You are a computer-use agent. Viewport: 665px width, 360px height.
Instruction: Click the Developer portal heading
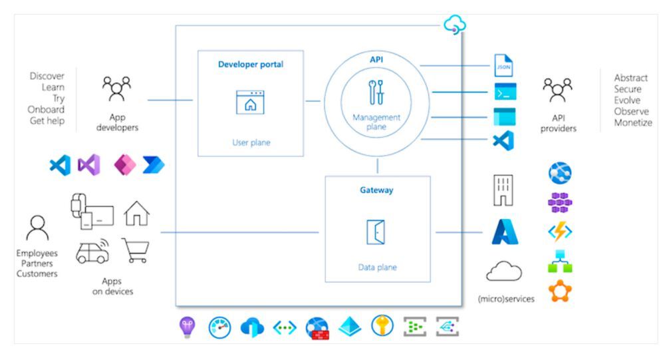coord(251,65)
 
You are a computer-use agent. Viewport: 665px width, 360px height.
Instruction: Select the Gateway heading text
coord(377,190)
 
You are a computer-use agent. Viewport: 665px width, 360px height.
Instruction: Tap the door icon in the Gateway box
coord(376,232)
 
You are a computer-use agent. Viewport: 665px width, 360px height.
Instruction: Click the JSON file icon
coord(503,66)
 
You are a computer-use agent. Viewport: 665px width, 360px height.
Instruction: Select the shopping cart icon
coord(136,250)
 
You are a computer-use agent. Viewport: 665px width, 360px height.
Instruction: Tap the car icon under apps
coord(93,251)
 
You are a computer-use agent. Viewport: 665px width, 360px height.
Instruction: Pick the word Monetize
coord(632,122)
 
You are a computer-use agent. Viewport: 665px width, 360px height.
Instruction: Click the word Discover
coord(47,77)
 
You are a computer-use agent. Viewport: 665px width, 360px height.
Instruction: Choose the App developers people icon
coord(116,88)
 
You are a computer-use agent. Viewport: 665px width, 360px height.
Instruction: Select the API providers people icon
coord(557,89)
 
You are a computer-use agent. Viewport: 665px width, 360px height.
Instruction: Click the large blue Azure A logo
coord(504,232)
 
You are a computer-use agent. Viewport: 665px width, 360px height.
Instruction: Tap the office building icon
coord(503,190)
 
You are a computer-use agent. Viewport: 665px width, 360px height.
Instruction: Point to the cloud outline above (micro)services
coord(503,271)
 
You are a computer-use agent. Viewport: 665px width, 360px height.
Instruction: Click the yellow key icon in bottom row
coord(382,326)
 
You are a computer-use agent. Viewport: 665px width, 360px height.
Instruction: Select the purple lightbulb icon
coord(186,326)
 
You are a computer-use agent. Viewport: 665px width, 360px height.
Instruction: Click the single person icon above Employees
coord(37,228)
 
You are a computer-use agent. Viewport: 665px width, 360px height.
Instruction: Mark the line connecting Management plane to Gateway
coord(378,166)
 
